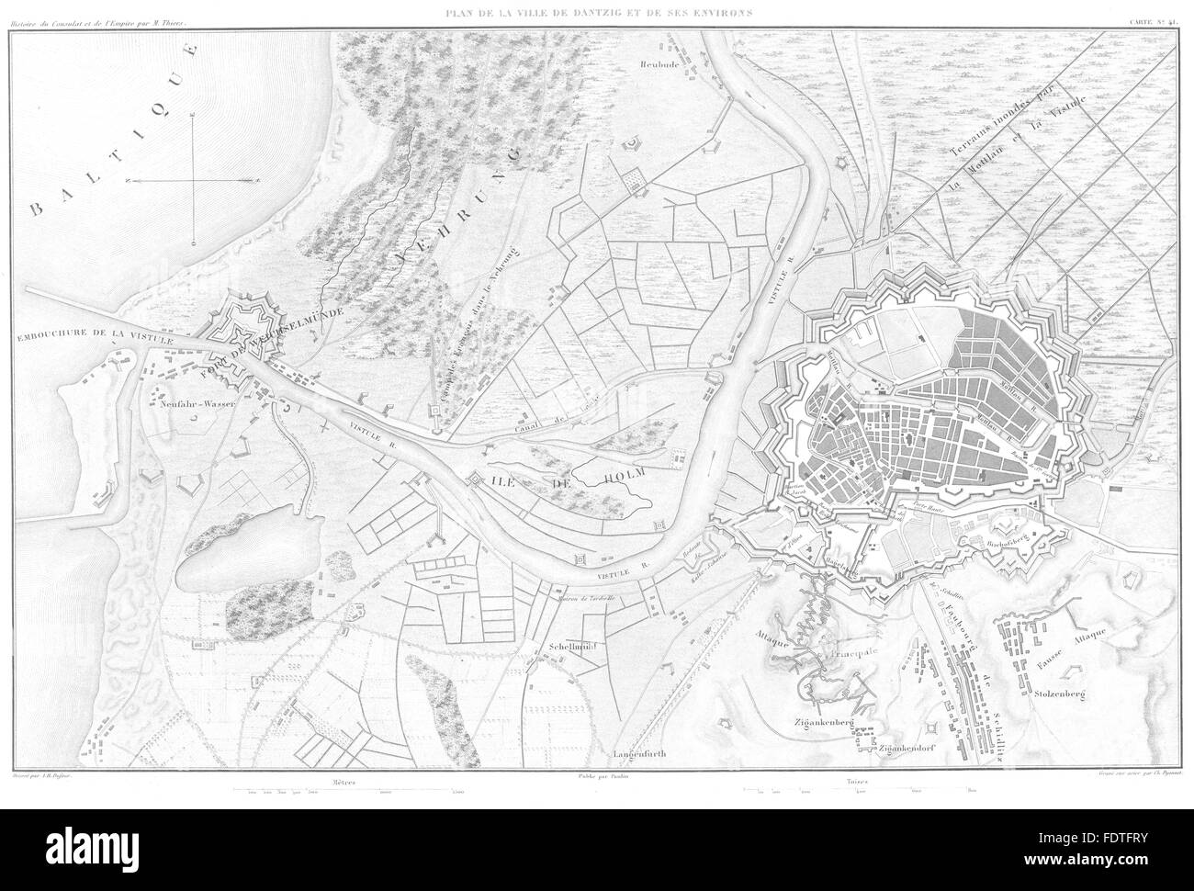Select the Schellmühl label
coord(568,648)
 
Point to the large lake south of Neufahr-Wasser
coord(217,556)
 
